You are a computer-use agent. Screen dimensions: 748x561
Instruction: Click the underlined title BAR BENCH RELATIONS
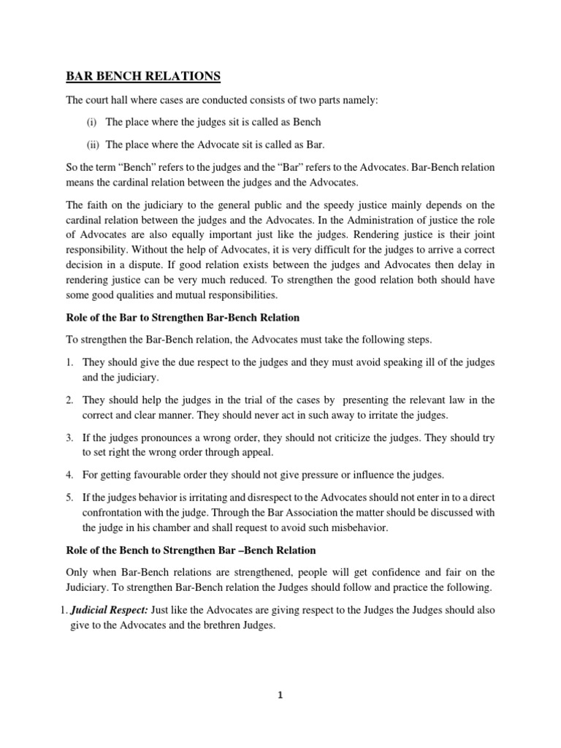pyautogui.click(x=143, y=76)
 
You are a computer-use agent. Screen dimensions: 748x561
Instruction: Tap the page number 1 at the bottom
pyautogui.click(x=280, y=695)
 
